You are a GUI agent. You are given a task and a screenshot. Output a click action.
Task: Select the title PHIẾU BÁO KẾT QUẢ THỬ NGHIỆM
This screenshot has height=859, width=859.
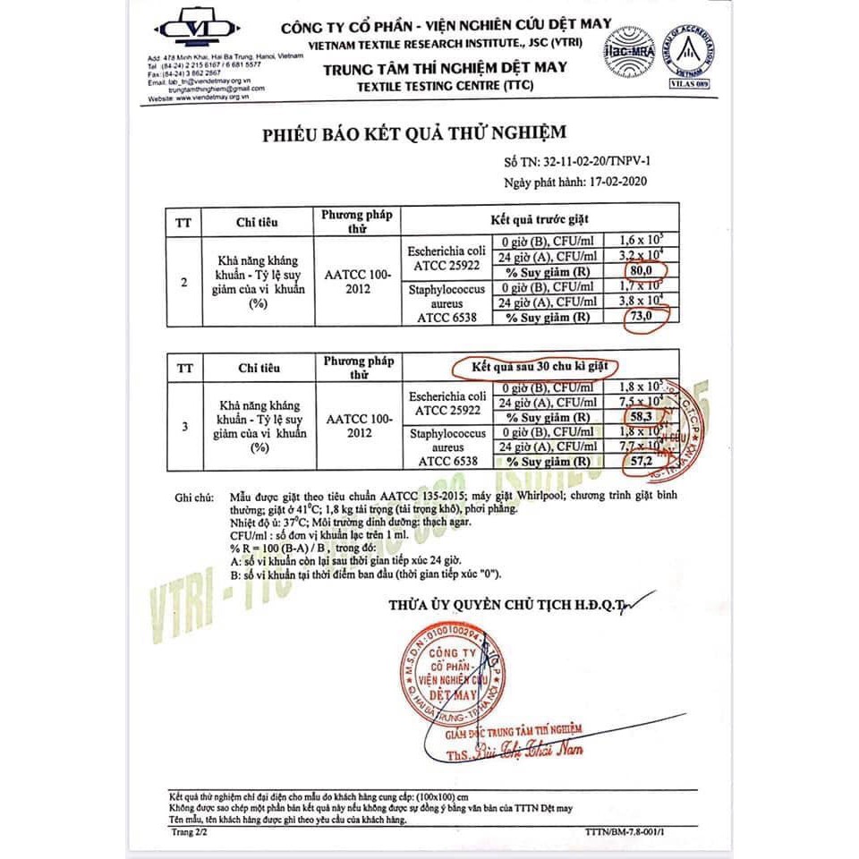(x=414, y=133)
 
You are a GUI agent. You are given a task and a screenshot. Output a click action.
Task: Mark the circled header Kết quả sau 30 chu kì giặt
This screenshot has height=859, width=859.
(x=535, y=366)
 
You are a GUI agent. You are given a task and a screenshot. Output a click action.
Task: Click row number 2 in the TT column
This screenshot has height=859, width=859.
(x=184, y=283)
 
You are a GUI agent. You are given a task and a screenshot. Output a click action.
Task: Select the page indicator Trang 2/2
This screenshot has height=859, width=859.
(x=189, y=831)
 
